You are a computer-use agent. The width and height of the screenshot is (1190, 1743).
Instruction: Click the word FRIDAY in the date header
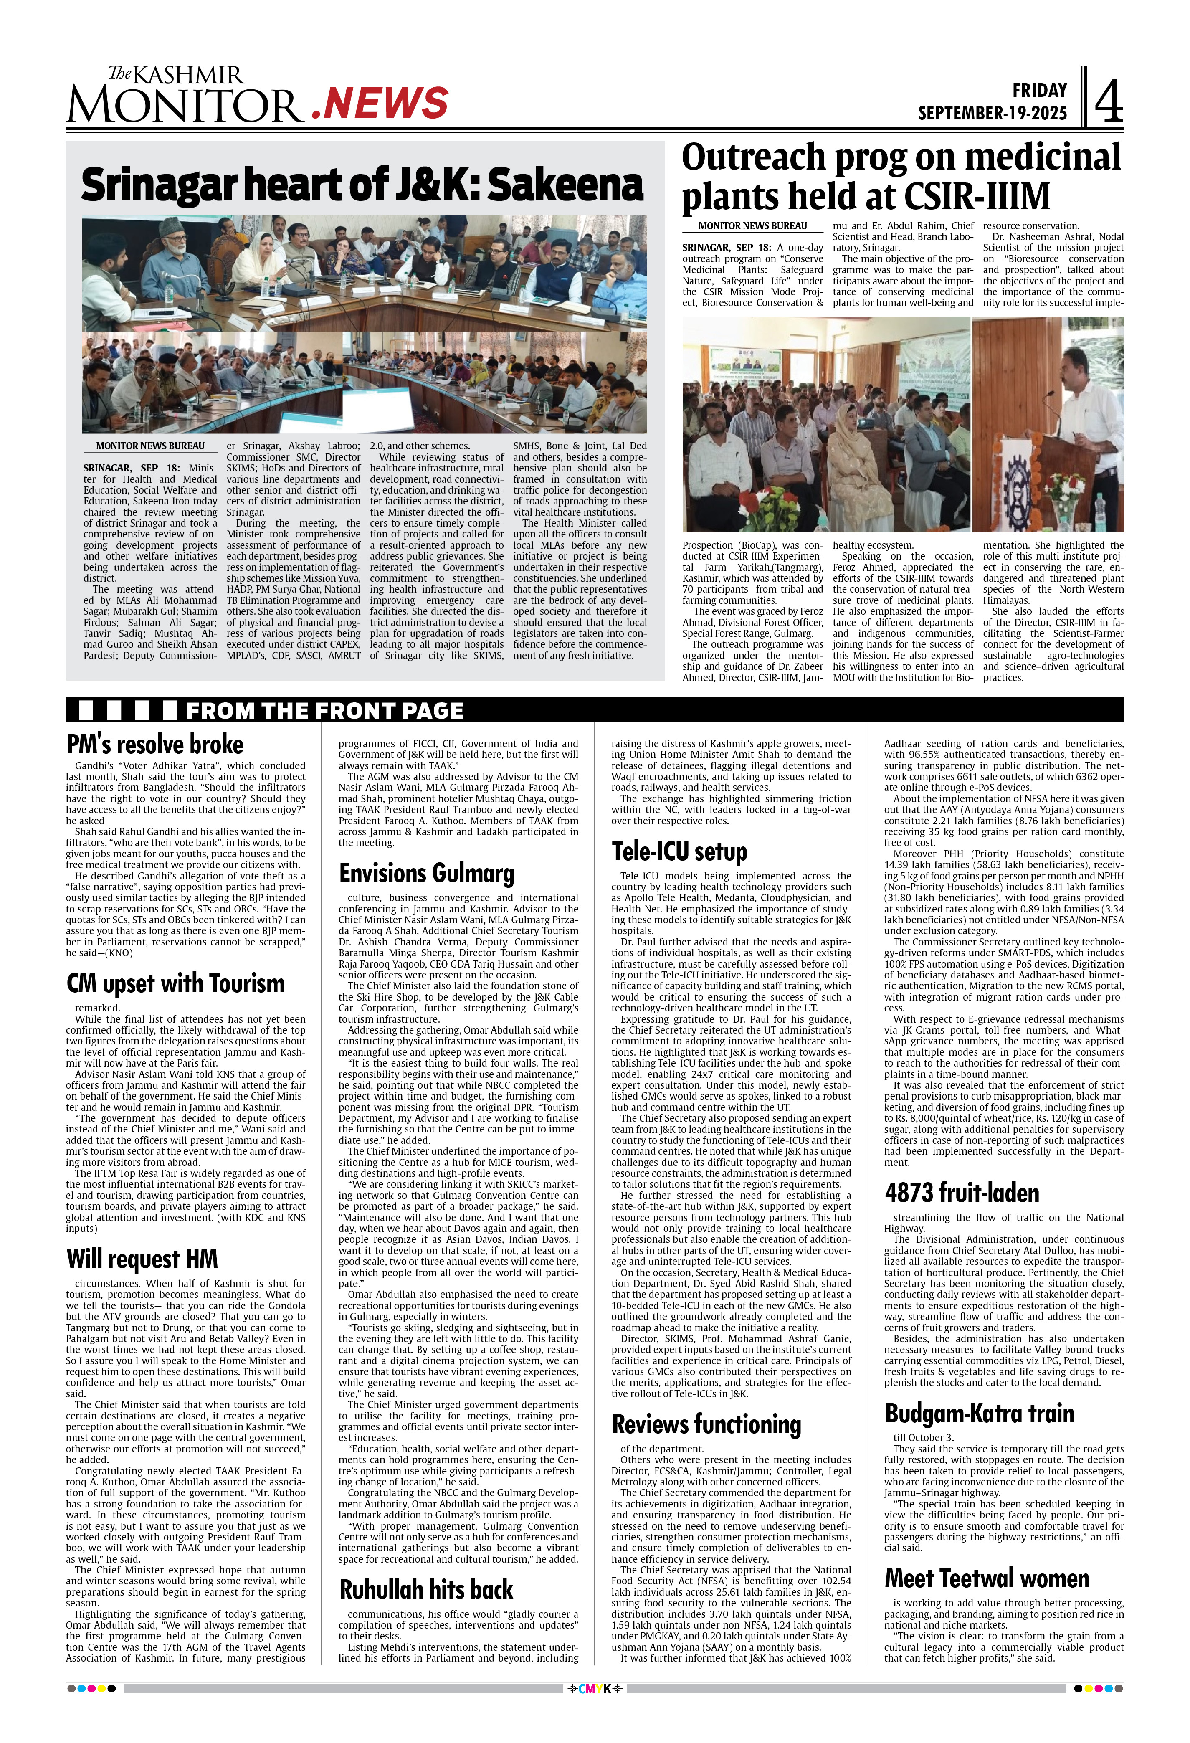[1039, 91]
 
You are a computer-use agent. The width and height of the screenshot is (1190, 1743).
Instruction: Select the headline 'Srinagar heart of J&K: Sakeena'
[362, 185]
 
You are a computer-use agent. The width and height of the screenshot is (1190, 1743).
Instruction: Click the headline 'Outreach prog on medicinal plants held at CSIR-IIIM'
[901, 177]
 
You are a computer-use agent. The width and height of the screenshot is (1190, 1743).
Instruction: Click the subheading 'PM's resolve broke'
[155, 744]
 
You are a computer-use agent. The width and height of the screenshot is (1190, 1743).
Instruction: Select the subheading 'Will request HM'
[142, 1259]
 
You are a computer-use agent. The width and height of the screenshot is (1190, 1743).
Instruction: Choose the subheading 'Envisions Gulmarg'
[427, 873]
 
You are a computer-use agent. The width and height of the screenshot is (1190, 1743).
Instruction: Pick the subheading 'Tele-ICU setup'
[679, 851]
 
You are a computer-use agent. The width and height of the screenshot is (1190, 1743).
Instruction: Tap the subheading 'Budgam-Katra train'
[979, 1413]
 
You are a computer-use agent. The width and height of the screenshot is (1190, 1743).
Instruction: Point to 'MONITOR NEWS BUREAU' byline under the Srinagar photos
[150, 446]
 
